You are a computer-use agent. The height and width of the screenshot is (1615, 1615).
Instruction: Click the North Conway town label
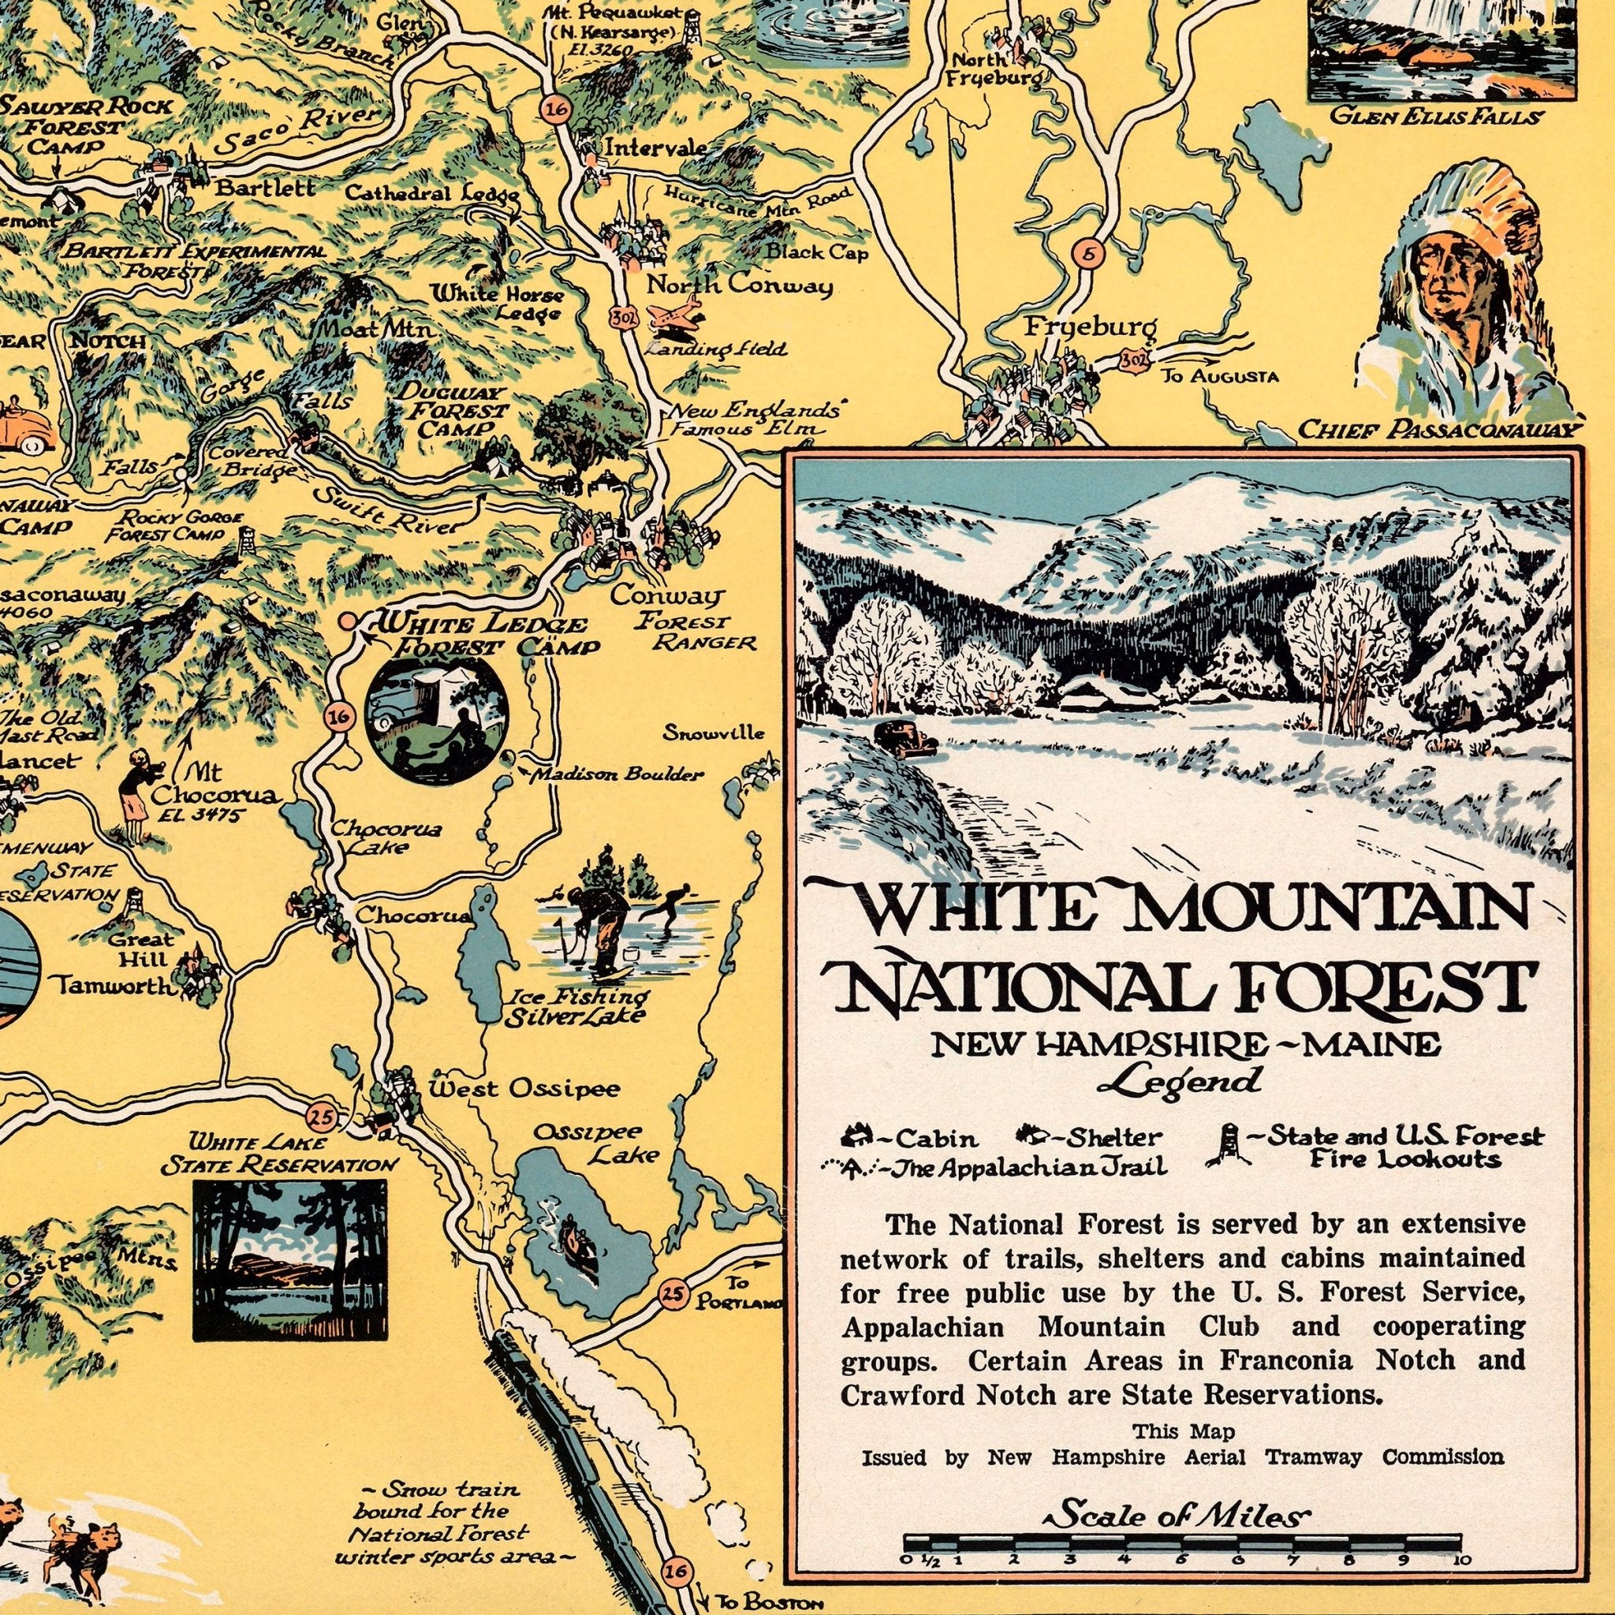tap(740, 286)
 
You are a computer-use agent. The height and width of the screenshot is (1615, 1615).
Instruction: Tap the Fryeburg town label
tap(1091, 328)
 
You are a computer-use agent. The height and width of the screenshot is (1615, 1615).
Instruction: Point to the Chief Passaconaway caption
tap(1442, 431)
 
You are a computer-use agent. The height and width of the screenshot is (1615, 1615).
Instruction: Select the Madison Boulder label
tap(618, 775)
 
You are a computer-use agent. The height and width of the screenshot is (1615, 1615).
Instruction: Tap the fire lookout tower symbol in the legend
tap(1226, 1144)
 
